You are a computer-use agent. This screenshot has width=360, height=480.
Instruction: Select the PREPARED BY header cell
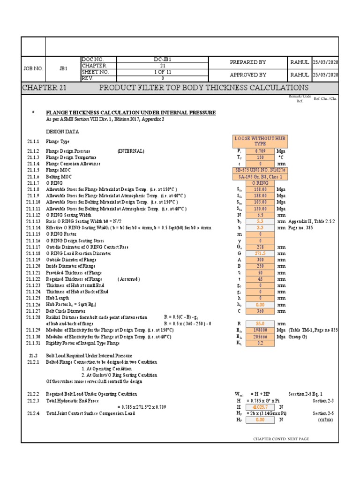[x=248, y=62]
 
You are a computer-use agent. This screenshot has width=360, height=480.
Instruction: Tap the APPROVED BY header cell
[x=248, y=75]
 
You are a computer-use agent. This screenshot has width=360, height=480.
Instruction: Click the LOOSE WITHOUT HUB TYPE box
[x=260, y=141]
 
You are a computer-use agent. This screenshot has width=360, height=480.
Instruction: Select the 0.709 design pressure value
[x=260, y=151]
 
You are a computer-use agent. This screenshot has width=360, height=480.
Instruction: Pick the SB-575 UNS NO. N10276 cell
[x=260, y=170]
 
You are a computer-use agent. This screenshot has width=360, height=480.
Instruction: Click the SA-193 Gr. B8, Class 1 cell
[x=260, y=176]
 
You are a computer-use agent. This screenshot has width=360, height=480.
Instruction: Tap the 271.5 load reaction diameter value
[x=260, y=253]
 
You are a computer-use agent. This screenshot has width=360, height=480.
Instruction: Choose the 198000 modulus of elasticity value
[x=260, y=330]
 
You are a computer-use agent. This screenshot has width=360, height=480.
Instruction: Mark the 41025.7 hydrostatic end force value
[x=260, y=407]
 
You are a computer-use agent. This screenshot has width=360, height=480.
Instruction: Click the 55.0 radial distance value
[x=260, y=323]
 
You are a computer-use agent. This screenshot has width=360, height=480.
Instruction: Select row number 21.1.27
[x=33, y=310]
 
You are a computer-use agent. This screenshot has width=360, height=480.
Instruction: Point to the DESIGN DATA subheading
[x=62, y=132]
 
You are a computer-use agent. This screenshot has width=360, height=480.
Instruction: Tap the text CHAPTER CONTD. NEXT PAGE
[x=281, y=439]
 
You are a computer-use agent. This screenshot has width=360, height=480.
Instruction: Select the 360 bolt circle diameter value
[x=260, y=310]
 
